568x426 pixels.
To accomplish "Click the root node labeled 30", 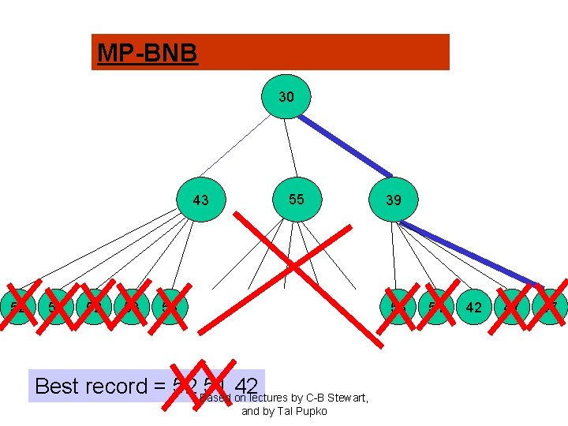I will pos(286,98).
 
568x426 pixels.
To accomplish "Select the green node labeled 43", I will pos(201,200).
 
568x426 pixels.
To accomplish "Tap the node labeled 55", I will pos(296,199).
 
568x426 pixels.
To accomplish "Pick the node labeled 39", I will pos(394,200).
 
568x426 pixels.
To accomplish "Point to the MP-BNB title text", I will pos(147,53).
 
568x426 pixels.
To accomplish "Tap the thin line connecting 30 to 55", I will pos(290,150).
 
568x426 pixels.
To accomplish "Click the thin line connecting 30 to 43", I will pos(241,146).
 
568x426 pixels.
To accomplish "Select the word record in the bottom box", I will pos(119,386).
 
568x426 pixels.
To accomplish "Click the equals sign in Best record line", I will pos(160,387).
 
